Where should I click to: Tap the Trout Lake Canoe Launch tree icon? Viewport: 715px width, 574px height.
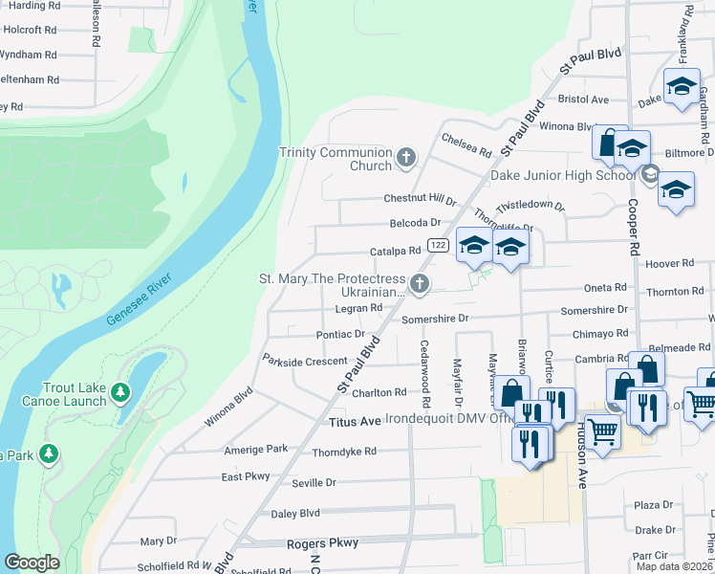click(119, 392)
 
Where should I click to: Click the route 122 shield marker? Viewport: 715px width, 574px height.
click(438, 246)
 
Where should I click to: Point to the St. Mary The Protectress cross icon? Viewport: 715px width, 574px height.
click(419, 283)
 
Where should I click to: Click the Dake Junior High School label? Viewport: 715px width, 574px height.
click(562, 175)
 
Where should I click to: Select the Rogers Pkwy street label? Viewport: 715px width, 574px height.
click(322, 542)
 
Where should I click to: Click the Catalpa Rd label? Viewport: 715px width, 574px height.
click(395, 252)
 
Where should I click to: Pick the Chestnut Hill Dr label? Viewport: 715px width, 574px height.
click(420, 199)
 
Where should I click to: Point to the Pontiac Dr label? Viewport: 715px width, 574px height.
click(340, 335)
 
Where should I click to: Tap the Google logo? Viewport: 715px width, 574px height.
click(32, 563)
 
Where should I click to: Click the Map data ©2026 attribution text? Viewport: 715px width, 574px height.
click(674, 566)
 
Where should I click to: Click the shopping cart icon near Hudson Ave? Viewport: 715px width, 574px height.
click(601, 431)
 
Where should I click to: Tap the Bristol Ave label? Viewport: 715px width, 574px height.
click(584, 99)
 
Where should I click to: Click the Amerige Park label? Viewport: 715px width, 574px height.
click(255, 449)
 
